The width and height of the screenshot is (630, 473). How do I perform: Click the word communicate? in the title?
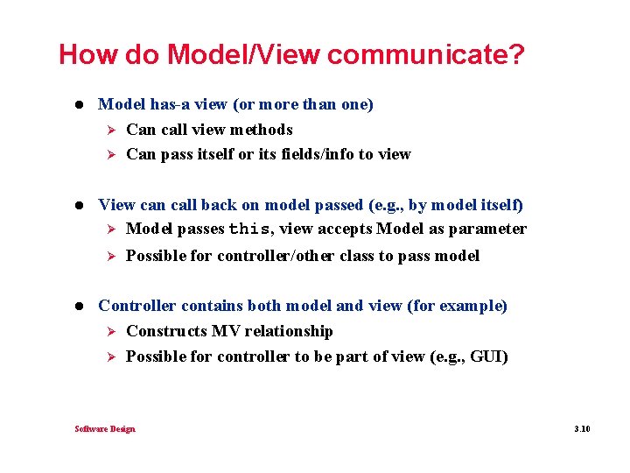[426, 55]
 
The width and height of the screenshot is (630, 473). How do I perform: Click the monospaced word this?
[249, 229]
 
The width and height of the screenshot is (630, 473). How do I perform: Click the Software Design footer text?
[105, 428]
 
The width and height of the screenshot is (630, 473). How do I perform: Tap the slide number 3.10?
[582, 428]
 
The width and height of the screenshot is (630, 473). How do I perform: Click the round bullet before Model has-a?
[81, 104]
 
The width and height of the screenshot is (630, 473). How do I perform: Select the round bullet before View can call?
[81, 205]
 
